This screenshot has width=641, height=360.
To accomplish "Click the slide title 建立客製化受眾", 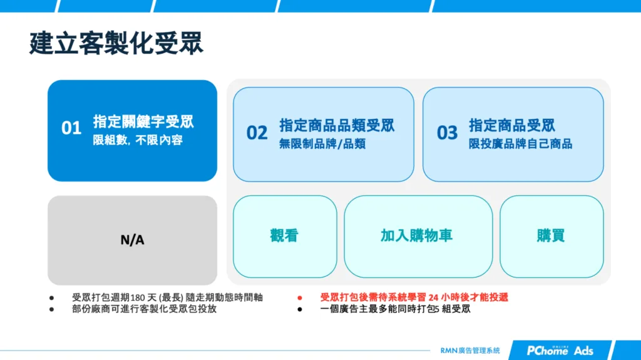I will [116, 44].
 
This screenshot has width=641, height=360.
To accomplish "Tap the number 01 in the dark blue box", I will [71, 128].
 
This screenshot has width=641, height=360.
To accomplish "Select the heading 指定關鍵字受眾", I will [143, 121].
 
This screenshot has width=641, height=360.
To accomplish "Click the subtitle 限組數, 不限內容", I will [138, 140].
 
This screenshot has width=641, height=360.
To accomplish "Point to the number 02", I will [257, 133].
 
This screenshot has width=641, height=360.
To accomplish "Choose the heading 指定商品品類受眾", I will [337, 125].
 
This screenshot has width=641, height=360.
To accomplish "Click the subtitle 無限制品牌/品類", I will [322, 144].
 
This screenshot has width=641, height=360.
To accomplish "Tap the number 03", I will [447, 133].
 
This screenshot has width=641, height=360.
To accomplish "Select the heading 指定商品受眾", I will [512, 125].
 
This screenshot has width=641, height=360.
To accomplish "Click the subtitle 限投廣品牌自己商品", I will [521, 144].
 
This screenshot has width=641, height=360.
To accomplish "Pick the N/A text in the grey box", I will [132, 240].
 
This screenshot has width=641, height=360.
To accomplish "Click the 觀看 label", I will [284, 235].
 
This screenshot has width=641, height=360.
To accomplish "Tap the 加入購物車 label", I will [416, 235].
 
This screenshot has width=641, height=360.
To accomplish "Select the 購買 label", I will [550, 235].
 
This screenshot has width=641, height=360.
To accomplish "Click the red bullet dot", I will [300, 298].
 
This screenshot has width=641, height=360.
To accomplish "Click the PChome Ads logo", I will [560, 350].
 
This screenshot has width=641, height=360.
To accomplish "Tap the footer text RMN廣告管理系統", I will [470, 351].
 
